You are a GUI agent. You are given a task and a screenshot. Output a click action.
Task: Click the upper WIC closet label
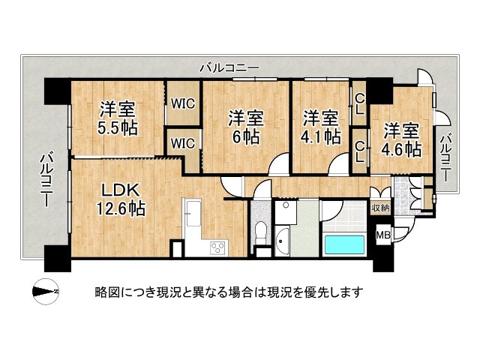182,104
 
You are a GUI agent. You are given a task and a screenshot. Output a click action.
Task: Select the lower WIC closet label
182,142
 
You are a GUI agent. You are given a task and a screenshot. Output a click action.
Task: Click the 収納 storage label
380,207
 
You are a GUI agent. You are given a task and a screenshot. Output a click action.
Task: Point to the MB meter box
382,235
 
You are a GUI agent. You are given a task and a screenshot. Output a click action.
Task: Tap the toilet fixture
259,231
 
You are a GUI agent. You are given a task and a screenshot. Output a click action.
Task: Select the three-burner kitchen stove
219,247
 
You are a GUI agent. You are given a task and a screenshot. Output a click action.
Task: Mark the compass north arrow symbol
46,291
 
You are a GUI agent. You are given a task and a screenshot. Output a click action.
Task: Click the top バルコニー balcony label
229,67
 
